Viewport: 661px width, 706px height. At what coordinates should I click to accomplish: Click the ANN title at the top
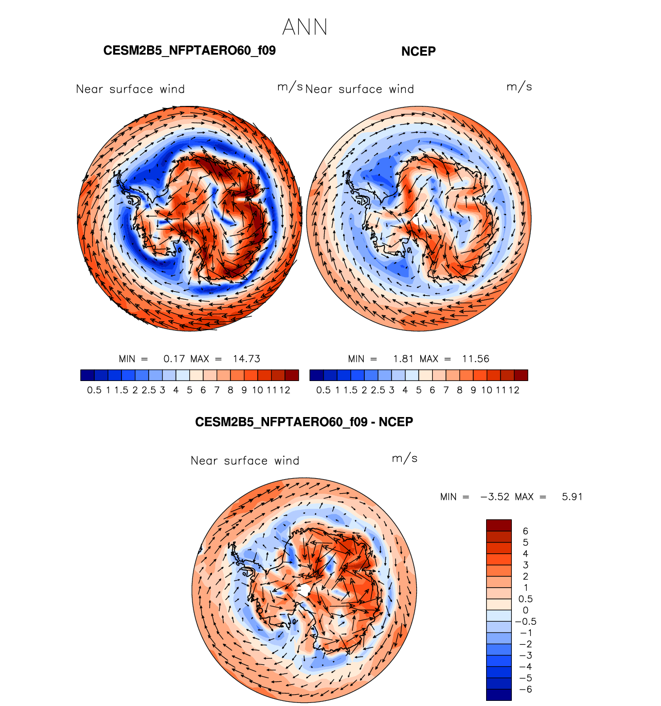coord(305,27)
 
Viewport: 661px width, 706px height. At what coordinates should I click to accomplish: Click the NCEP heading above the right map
coord(418,51)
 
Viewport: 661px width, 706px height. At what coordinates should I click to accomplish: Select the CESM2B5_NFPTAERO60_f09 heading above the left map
coord(189,50)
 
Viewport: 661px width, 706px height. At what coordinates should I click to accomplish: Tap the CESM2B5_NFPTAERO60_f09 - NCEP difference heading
coord(304,422)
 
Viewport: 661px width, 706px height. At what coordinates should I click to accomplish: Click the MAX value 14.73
coord(246,359)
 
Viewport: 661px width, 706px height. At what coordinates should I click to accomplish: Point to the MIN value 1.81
coord(403,359)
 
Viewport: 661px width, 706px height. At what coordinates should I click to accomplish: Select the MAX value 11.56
coord(476,359)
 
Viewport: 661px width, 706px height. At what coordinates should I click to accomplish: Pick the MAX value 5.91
coord(572,497)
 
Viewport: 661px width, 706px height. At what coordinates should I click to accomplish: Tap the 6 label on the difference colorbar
coord(525,531)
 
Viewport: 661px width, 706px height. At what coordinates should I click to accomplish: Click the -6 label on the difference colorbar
coord(525,690)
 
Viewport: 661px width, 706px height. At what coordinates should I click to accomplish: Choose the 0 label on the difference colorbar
coord(525,610)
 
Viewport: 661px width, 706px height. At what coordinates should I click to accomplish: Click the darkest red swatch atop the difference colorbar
coord(499,525)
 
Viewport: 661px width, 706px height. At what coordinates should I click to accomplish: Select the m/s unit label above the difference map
coord(404,458)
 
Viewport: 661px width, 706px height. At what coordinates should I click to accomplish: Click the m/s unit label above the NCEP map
coord(519,87)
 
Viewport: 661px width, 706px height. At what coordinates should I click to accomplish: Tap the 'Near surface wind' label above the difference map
coord(245,460)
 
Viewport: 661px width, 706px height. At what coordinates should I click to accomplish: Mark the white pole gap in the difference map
coord(304,590)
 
